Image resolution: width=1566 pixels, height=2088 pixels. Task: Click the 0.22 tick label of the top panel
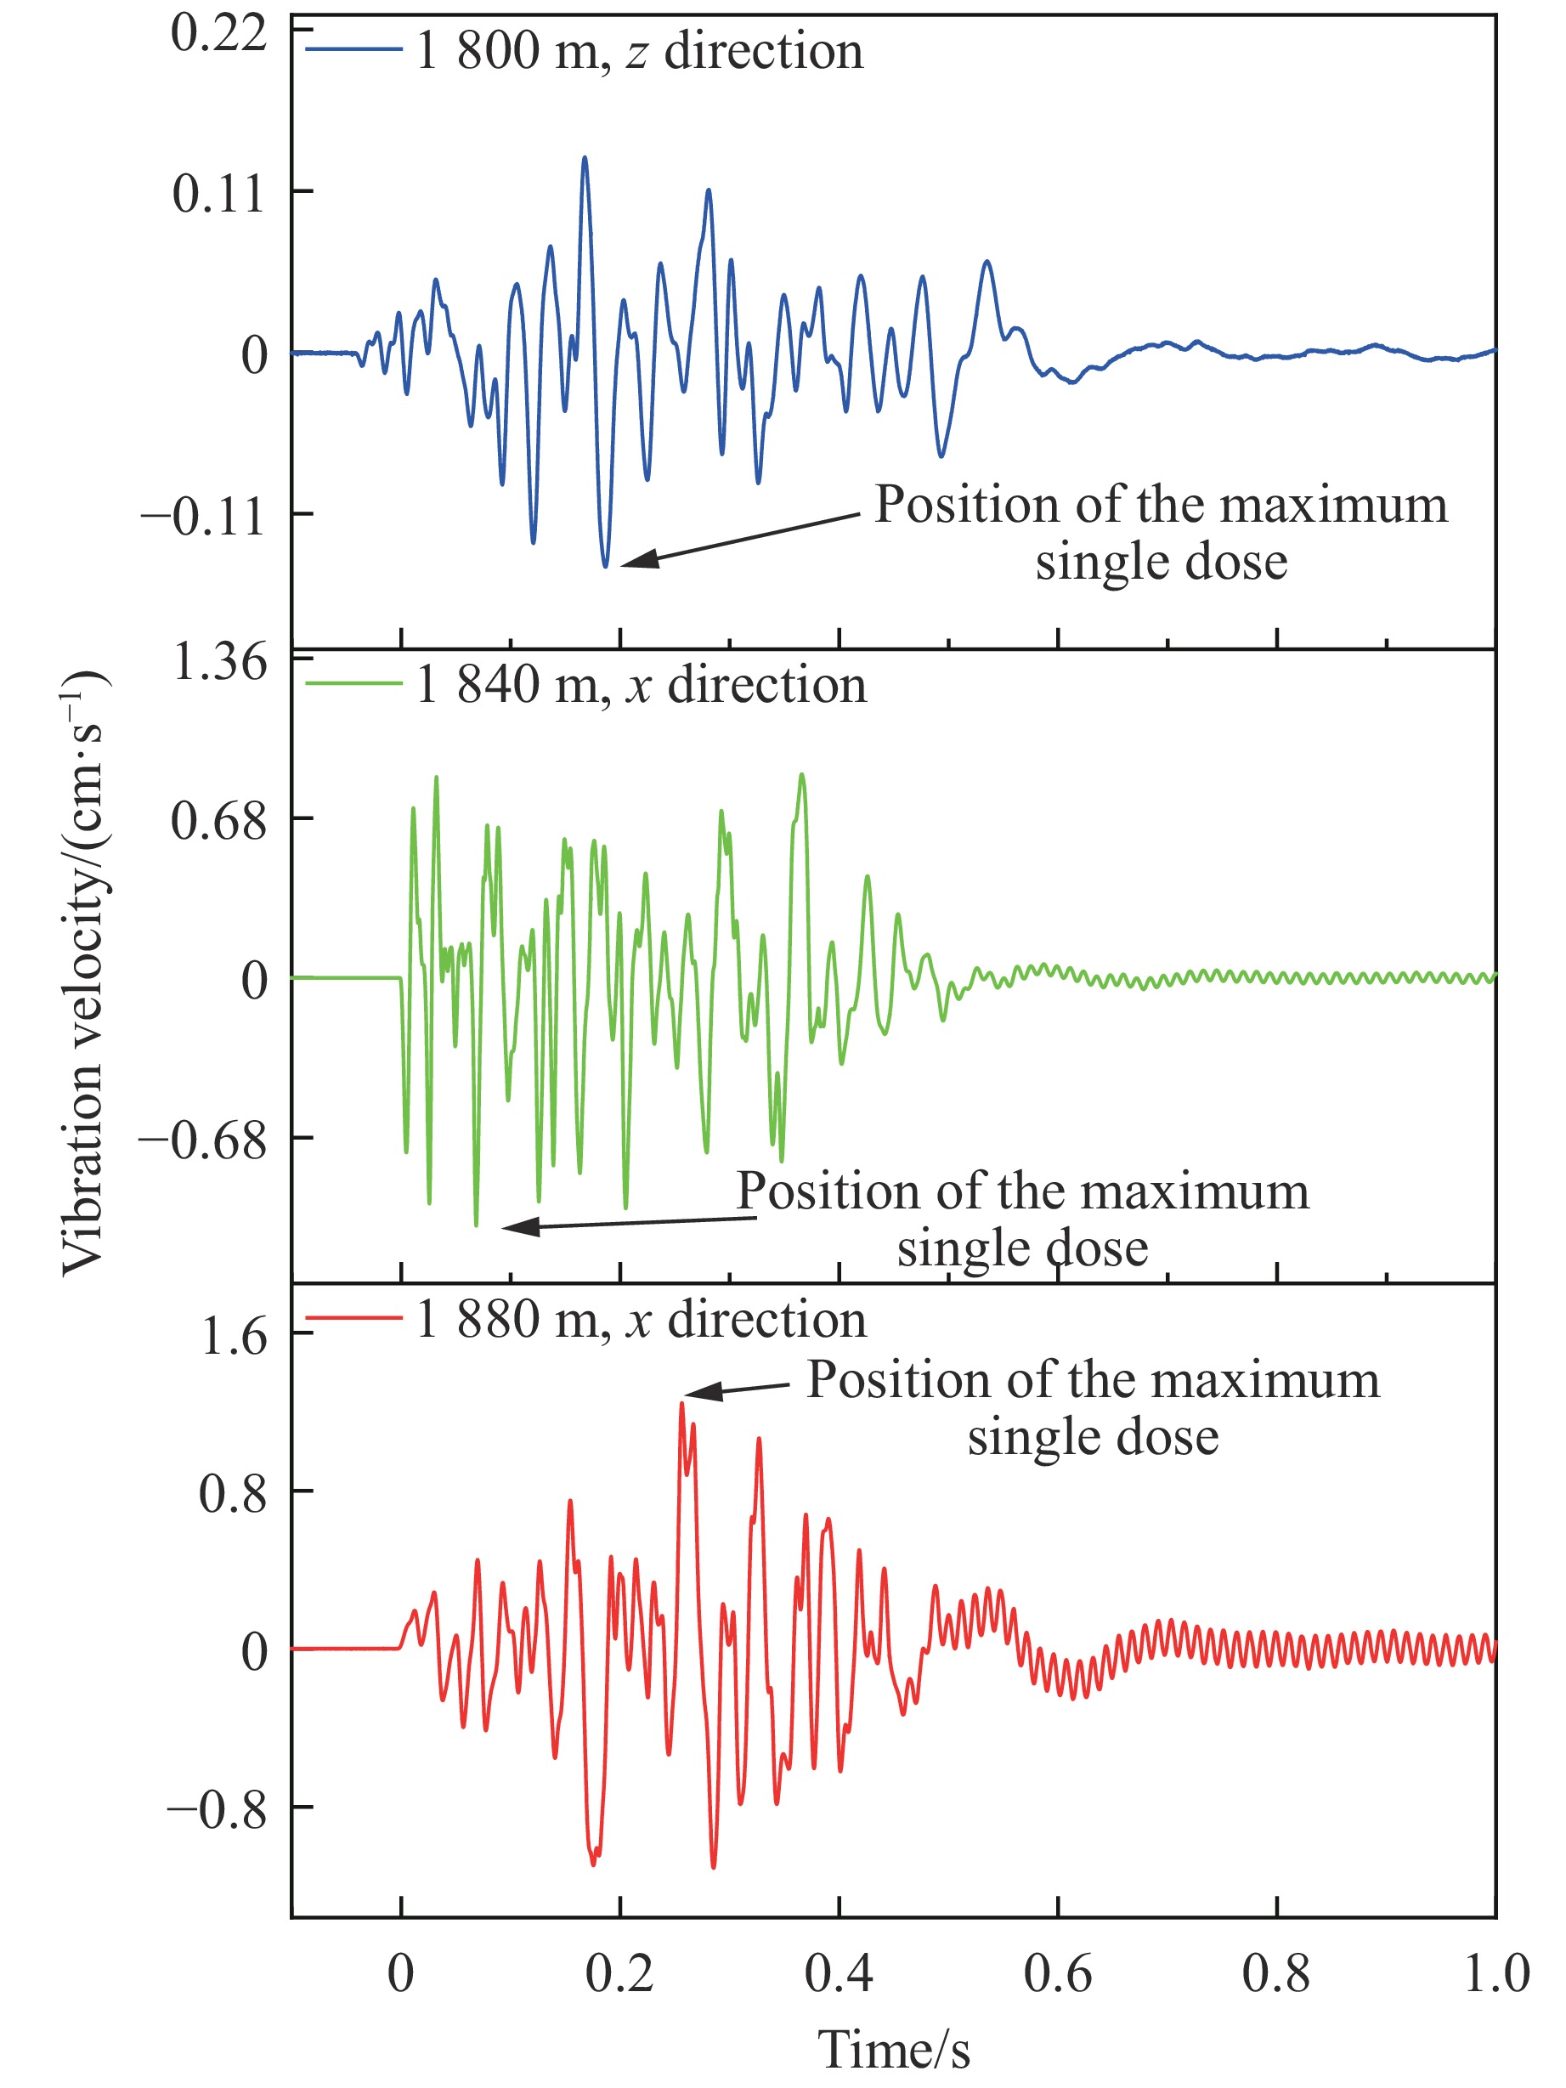[219, 36]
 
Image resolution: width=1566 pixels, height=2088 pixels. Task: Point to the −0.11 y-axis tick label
[204, 517]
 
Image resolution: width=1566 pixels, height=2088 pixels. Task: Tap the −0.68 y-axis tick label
[204, 1140]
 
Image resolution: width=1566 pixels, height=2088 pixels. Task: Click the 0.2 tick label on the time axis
[619, 1972]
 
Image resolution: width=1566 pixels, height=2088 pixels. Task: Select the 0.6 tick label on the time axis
[1057, 1972]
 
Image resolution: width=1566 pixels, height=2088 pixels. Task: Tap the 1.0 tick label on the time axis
[1496, 1972]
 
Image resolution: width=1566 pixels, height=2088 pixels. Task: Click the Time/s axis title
[893, 2051]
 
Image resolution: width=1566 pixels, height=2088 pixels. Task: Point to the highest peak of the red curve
[681, 1405]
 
